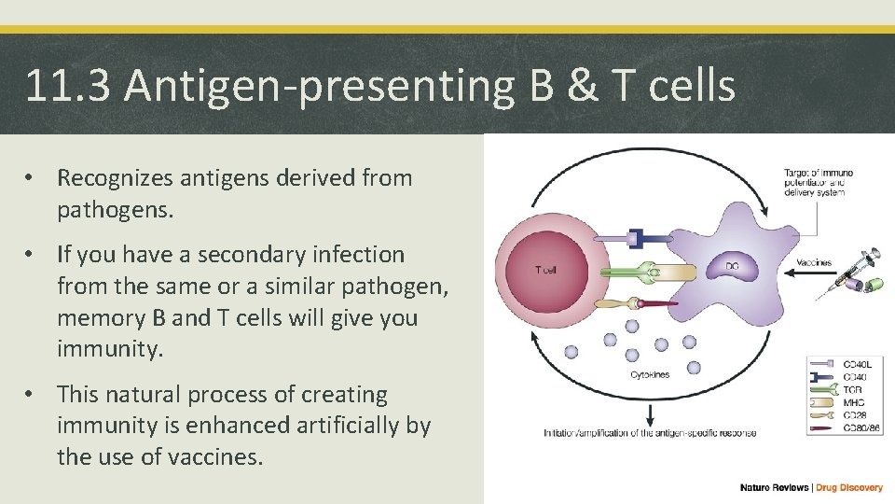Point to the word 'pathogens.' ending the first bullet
pyautogui.click(x=116, y=210)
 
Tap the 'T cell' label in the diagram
pyautogui.click(x=547, y=271)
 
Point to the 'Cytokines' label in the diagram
pyautogui.click(x=649, y=375)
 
